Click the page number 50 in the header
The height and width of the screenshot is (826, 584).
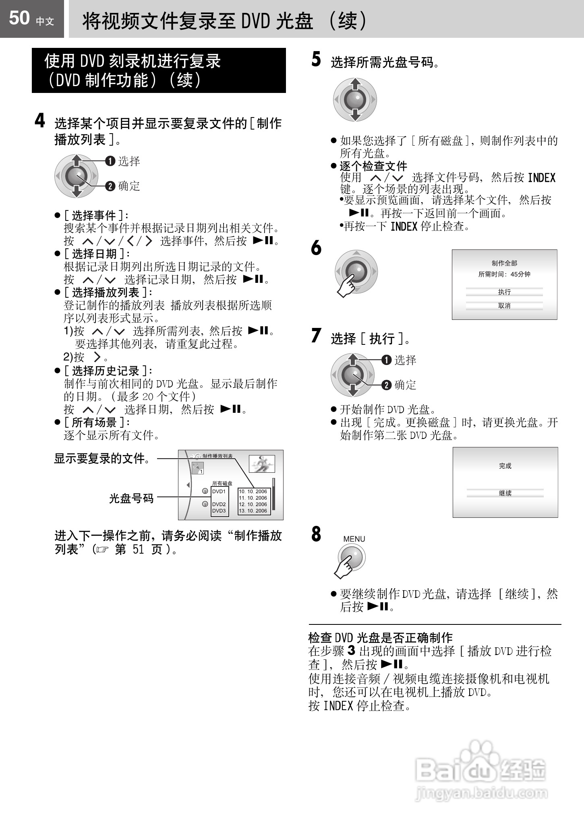click(19, 18)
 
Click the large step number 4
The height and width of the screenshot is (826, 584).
click(39, 121)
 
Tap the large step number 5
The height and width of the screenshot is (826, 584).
click(316, 60)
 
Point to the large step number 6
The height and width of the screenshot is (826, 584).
click(316, 248)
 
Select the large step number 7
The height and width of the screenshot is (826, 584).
click(316, 336)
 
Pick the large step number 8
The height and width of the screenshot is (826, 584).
click(316, 534)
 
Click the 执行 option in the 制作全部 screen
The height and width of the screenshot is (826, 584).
click(504, 292)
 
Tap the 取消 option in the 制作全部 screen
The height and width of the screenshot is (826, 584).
click(504, 306)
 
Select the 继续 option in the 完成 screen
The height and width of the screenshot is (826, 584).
click(505, 493)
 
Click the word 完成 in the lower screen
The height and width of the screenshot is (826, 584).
click(505, 466)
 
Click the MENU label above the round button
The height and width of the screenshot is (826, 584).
click(354, 539)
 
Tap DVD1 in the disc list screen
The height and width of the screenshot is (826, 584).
click(219, 491)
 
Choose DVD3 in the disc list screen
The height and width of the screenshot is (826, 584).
click(219, 511)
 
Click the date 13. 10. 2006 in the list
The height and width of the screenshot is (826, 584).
click(253, 511)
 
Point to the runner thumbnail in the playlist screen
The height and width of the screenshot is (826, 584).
click(262, 464)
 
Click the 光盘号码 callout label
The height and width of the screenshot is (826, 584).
click(131, 498)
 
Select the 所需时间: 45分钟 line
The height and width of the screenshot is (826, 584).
click(504, 274)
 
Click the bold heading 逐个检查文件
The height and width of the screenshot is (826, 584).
click(373, 166)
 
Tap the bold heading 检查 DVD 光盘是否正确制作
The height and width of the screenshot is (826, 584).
click(380, 638)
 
